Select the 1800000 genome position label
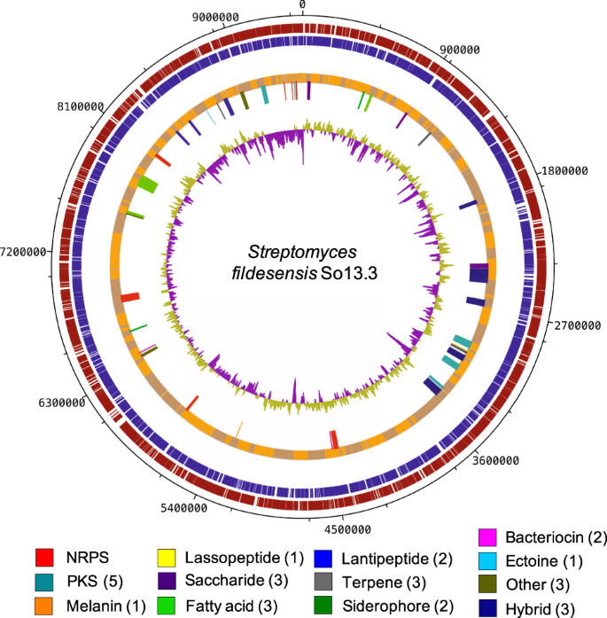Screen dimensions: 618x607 click(567, 171)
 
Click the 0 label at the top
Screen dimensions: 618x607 click(303, 4)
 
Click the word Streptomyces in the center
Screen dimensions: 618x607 click(287, 253)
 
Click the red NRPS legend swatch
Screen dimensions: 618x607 click(48, 558)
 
